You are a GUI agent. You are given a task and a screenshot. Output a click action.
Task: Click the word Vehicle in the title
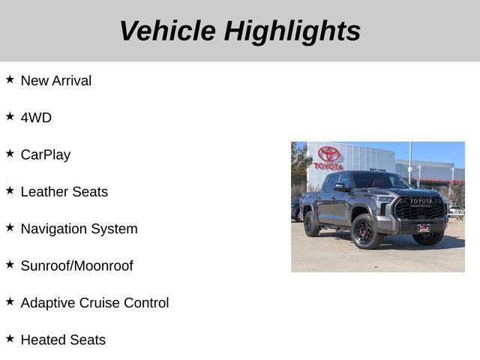pyautogui.click(x=167, y=31)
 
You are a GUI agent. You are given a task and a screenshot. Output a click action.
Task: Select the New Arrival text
pyautogui.click(x=56, y=80)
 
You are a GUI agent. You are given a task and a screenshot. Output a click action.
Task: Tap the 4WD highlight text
pyautogui.click(x=36, y=118)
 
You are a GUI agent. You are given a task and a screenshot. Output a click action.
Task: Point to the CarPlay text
pyautogui.click(x=46, y=154)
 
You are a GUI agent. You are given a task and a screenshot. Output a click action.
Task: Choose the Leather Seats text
pyautogui.click(x=64, y=191)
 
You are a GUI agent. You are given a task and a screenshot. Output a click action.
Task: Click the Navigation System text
pyautogui.click(x=79, y=229)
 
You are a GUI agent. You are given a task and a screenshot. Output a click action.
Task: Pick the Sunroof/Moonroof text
pyautogui.click(x=76, y=265)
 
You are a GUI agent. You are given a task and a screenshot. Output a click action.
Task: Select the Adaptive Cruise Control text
pyautogui.click(x=94, y=303)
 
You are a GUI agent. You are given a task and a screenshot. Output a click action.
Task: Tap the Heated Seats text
pyautogui.click(x=63, y=340)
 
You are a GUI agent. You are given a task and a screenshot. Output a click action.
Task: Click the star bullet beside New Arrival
pyautogui.click(x=10, y=79)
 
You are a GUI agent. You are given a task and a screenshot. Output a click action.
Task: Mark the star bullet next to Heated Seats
pyautogui.click(x=10, y=338)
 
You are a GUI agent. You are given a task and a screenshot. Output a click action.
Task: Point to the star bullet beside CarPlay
pyautogui.click(x=10, y=153)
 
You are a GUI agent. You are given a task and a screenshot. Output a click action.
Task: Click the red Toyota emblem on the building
pyautogui.click(x=328, y=154)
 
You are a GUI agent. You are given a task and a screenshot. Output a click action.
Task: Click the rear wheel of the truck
pyautogui.click(x=311, y=223)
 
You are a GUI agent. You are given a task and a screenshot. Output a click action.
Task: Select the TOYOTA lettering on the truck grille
pyautogui.click(x=421, y=201)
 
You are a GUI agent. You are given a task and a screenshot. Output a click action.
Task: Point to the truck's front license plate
pyautogui.click(x=424, y=227)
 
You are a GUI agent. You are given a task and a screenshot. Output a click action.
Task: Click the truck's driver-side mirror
pyautogui.click(x=340, y=187)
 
